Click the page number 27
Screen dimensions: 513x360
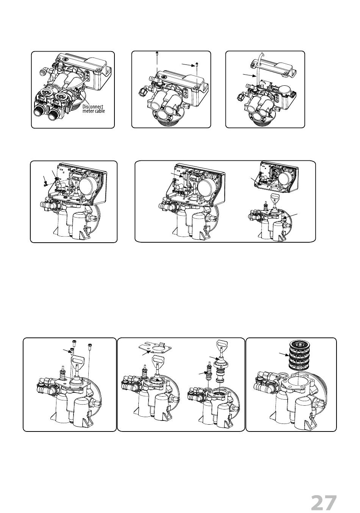(x=324, y=503)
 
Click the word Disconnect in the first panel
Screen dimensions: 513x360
(x=93, y=107)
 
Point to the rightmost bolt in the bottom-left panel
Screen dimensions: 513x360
(x=90, y=346)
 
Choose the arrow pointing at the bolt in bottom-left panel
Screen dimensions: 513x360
(x=67, y=350)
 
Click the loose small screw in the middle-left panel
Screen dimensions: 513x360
(x=45, y=185)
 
